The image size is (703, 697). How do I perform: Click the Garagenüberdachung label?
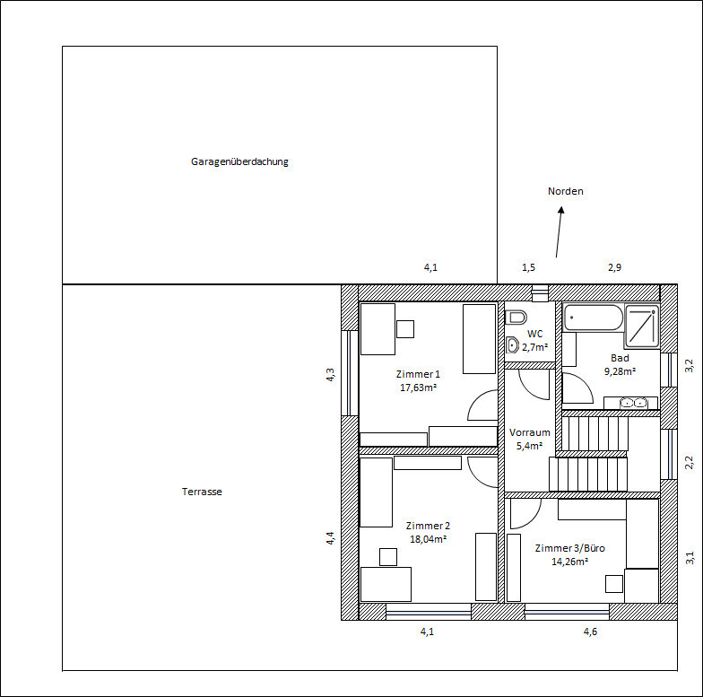[x=239, y=161]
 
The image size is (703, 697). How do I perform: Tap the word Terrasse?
[x=202, y=492]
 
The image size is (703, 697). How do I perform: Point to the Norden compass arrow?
[x=560, y=231]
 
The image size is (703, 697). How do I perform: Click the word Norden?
[x=565, y=191]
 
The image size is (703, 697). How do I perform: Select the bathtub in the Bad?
[x=594, y=318]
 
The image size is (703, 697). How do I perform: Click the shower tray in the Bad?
[x=642, y=326]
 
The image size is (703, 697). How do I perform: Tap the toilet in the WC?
[x=516, y=318]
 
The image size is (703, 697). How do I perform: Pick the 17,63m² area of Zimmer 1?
[x=418, y=388]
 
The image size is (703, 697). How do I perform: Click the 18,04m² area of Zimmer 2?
[x=428, y=539]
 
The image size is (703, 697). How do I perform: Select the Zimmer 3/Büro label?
[x=570, y=548]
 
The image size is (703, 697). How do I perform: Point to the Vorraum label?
[x=529, y=432]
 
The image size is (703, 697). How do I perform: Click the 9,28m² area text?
[x=620, y=371]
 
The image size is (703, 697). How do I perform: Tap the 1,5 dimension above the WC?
[x=529, y=267]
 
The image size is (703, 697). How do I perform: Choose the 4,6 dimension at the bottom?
[x=590, y=632]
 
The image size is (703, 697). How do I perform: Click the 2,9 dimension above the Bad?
[x=615, y=267]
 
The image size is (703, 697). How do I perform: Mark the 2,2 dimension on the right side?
[x=690, y=463]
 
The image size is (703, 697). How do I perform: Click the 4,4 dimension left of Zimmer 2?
[x=330, y=538]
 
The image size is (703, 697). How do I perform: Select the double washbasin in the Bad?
[x=633, y=404]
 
